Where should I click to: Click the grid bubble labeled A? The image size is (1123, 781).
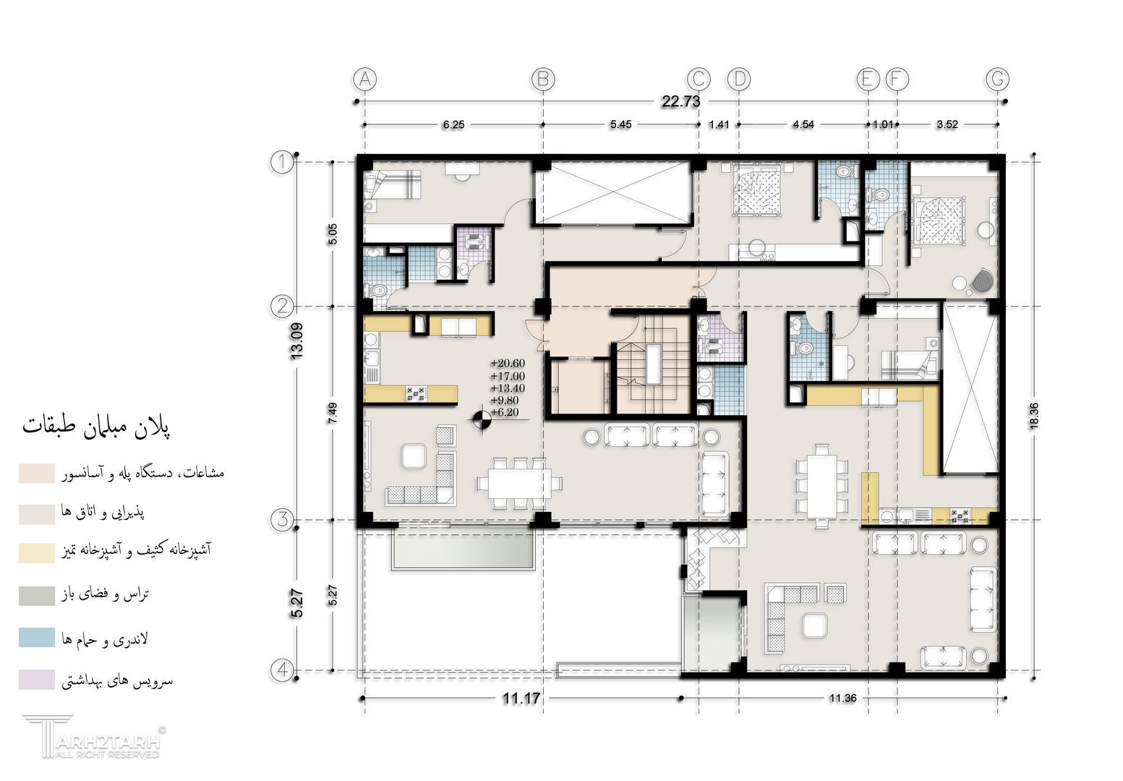[364, 79]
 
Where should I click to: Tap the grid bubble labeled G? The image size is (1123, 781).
[997, 79]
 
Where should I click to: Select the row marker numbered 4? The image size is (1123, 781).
[282, 670]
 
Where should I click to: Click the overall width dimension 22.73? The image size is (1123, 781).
[681, 101]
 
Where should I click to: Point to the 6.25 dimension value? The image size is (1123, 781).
[453, 124]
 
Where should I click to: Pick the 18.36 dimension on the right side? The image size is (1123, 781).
[1033, 417]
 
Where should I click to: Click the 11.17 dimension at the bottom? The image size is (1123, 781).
[521, 698]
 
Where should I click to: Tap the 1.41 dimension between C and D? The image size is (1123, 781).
[719, 124]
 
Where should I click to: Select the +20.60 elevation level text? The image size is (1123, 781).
[508, 363]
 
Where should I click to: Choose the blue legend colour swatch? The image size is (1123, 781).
[37, 637]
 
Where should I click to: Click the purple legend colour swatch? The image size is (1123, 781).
[37, 679]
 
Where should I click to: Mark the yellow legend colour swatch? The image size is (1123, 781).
[37, 553]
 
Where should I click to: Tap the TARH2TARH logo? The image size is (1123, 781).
[94, 737]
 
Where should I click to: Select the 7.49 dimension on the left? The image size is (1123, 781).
[333, 414]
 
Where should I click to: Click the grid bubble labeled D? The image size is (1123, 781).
[738, 79]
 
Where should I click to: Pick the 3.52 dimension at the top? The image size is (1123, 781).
[947, 124]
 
